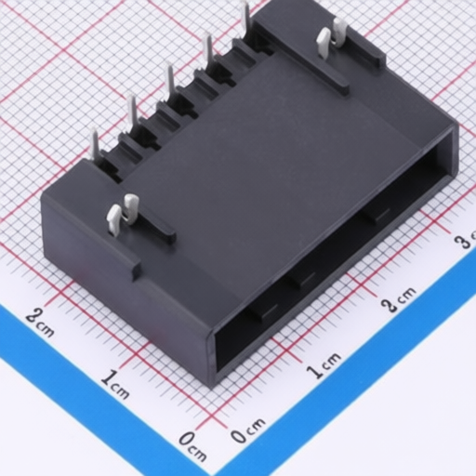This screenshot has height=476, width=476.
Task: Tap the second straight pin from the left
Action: click(134, 112)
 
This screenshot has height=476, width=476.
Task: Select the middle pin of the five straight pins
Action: click(171, 77)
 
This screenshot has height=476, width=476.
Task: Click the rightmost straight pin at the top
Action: click(246, 15)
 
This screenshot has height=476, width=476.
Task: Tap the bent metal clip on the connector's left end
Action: click(122, 213)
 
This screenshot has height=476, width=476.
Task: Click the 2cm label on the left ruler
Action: click(40, 323)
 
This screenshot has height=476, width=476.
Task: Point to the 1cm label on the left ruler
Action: click(115, 384)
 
